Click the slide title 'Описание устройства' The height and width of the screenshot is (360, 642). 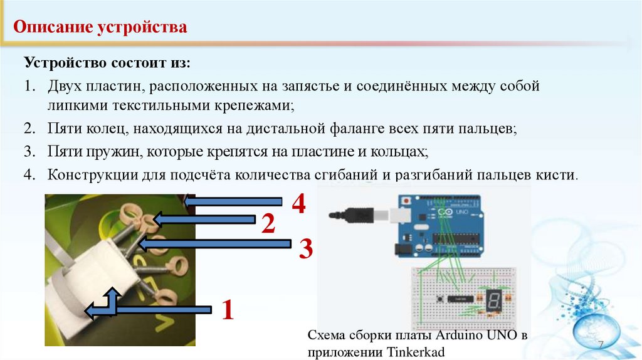tap(100, 27)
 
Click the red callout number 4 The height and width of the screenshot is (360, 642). tap(299, 204)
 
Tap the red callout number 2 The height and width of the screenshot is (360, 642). tap(268, 225)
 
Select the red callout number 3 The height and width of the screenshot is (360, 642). tap(305, 248)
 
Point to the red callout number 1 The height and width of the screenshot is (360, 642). tap(227, 310)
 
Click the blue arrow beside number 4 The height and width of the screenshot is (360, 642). tap(233, 201)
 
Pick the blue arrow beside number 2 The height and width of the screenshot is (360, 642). tap(204, 220)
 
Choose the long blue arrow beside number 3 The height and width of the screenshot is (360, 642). tap(214, 244)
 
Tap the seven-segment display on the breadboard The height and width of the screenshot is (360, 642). tap(494, 300)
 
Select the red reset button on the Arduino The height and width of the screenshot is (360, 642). tap(406, 201)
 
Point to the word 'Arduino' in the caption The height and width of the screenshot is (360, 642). tap(458, 336)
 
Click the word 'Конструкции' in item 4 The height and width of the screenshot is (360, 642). tap(92, 175)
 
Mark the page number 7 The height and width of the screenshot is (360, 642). tap(601, 344)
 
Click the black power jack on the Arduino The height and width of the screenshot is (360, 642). tap(403, 250)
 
